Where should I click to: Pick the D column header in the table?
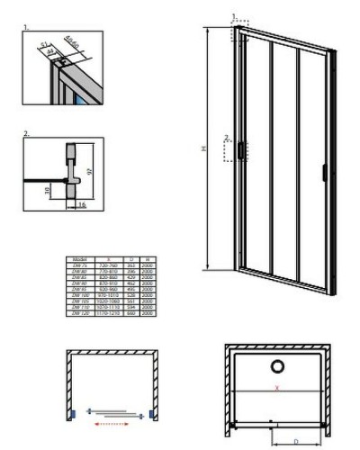coord(132,256)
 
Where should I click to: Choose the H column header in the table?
coord(148,256)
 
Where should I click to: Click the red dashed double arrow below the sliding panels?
coord(114,415)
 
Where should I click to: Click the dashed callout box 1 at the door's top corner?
coord(239,33)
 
